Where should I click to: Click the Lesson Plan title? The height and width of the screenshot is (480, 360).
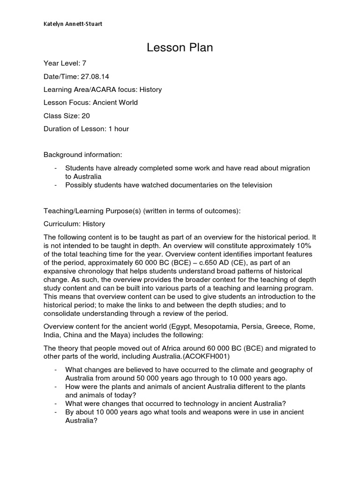click(180, 48)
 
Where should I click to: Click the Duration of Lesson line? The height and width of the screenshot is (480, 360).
click(86, 128)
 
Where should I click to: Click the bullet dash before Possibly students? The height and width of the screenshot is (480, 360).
click(56, 185)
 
